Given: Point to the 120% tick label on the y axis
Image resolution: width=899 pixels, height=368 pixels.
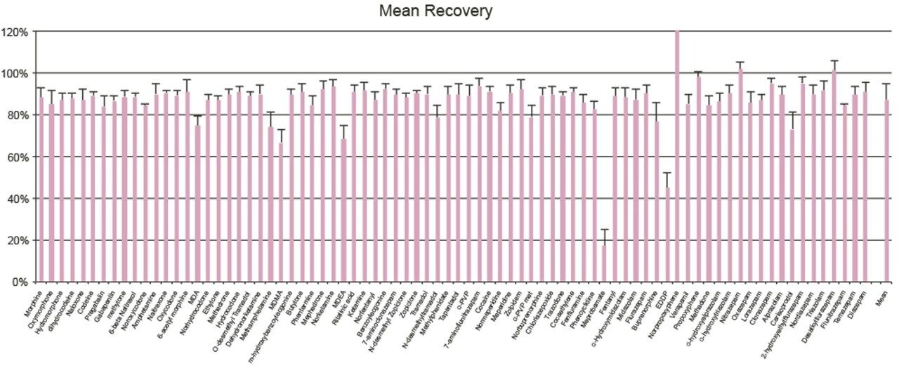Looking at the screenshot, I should point(15,32).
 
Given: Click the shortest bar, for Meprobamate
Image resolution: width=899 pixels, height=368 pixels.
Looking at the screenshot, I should point(604,261).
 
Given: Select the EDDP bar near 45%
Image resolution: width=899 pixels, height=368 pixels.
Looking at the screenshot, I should point(667,235).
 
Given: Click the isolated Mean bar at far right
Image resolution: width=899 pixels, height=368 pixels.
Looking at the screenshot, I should point(886,190).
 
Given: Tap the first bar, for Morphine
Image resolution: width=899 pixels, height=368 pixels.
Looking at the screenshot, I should point(41,189).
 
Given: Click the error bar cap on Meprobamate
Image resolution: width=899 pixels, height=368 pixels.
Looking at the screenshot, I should point(604,230).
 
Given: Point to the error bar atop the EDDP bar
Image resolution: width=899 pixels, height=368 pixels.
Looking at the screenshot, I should point(667,173).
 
